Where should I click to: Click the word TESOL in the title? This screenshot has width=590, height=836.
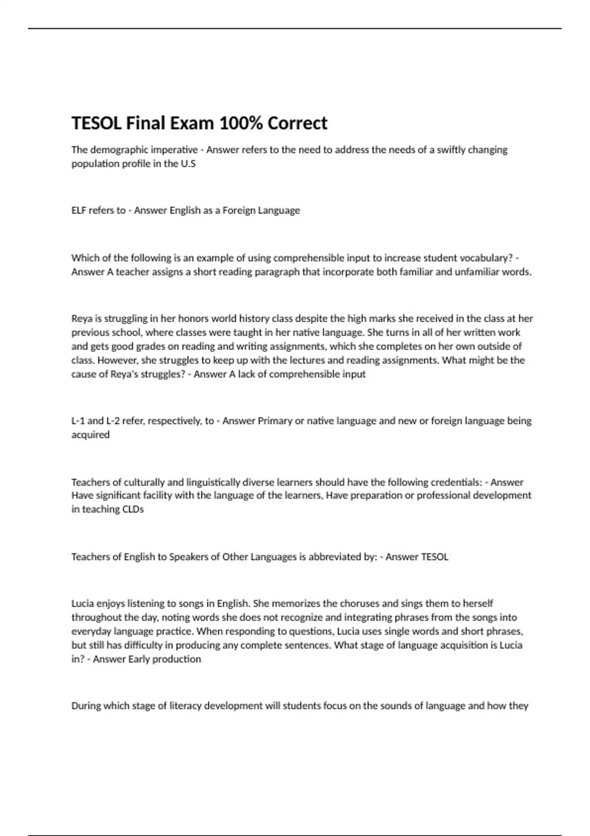(96, 123)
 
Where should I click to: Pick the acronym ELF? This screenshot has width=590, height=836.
(79, 210)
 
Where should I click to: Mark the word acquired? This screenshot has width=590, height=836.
(90, 435)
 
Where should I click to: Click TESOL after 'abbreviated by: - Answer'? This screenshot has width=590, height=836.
(431, 557)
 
